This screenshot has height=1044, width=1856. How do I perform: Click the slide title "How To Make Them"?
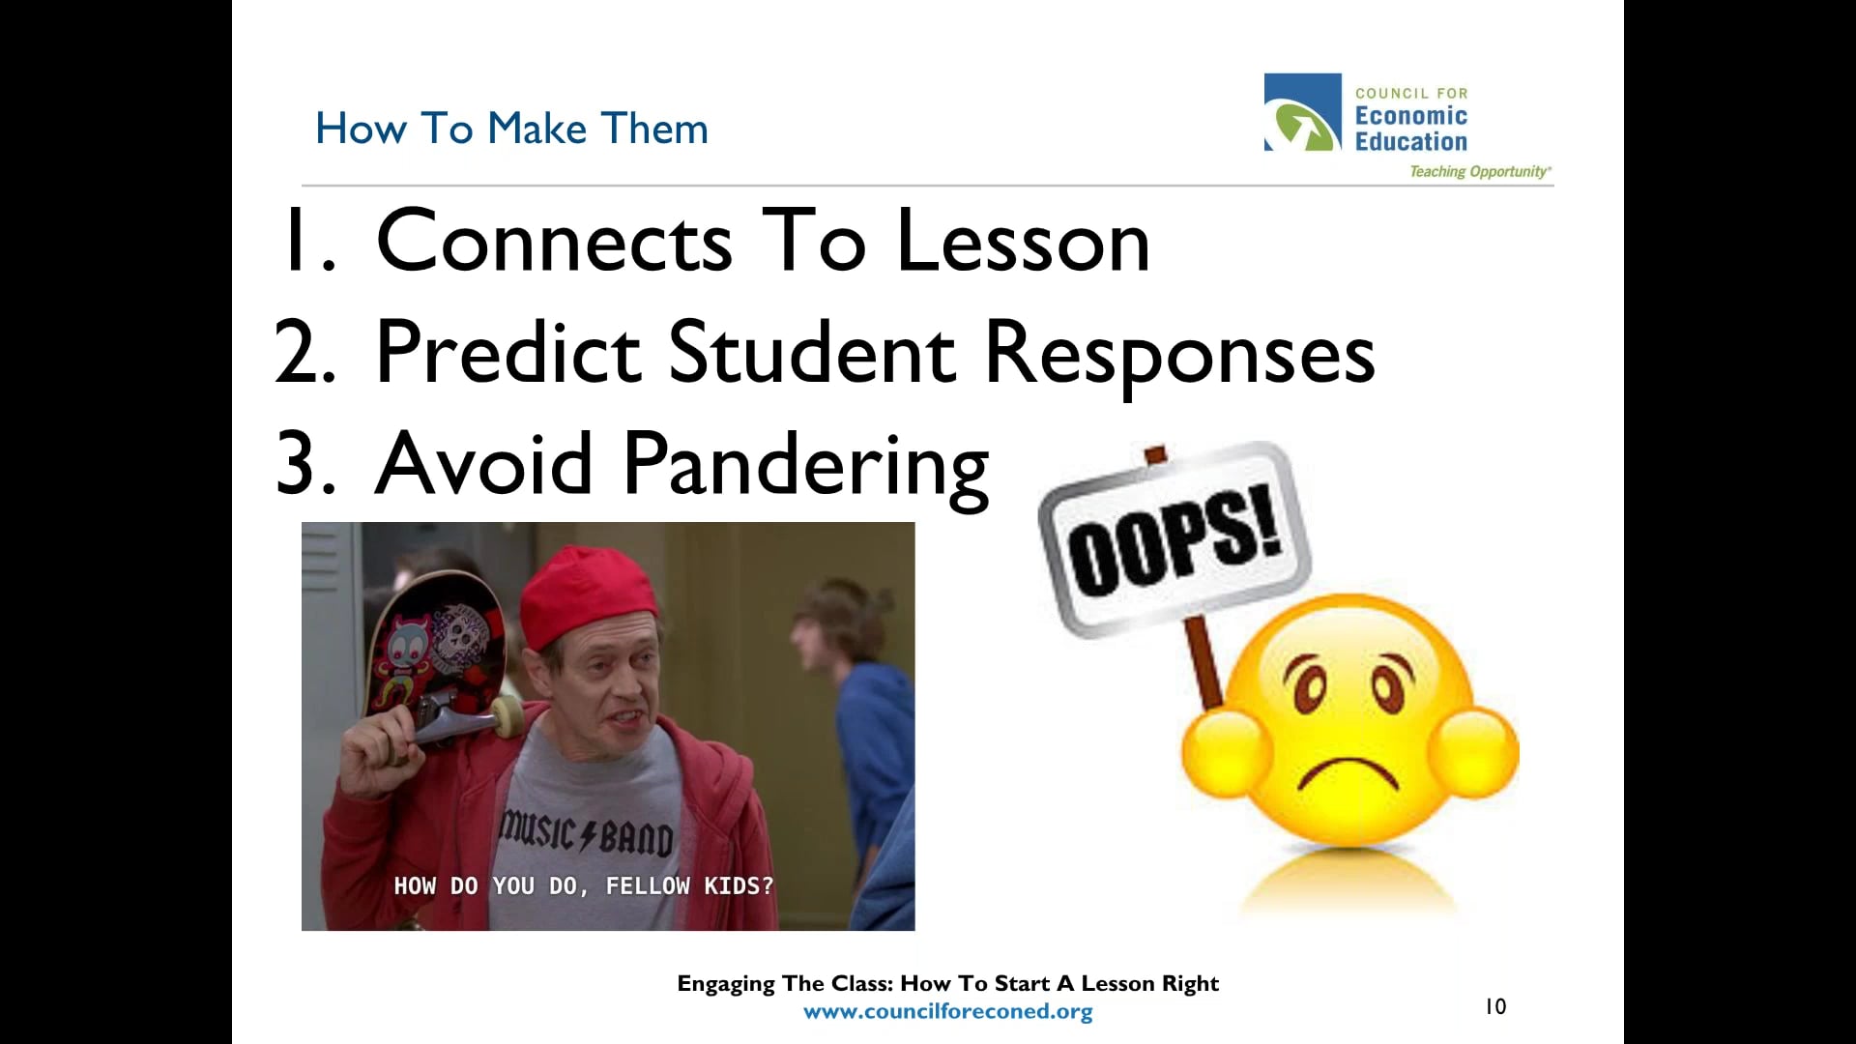coord(511,129)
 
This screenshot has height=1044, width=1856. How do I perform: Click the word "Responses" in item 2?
coord(1178,354)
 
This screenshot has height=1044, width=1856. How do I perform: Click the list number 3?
coord(304,464)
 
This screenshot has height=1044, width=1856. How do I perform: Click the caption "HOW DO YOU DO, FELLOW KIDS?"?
coord(583,885)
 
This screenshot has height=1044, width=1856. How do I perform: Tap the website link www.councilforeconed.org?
coord(947,1012)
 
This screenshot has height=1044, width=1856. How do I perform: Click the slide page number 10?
coord(1495,1007)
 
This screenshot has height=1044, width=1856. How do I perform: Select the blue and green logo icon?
coord(1302,112)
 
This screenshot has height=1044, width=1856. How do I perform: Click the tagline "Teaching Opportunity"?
coord(1479,172)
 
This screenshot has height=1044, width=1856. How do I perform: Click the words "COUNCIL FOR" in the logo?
coord(1410,94)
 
